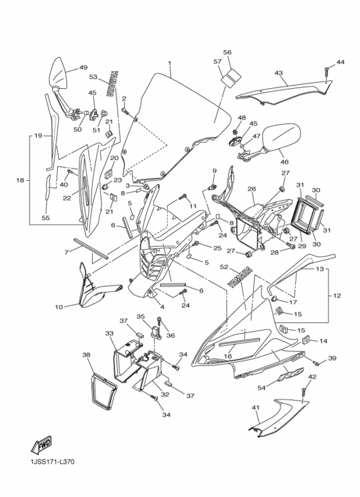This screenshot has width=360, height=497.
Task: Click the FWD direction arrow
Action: [x=40, y=446]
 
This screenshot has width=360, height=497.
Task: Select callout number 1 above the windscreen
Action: [x=170, y=64]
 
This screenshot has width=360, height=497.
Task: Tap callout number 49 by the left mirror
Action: [x=83, y=68]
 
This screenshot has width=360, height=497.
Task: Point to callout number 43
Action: [x=278, y=73]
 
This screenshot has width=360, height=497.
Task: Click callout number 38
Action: [x=86, y=354]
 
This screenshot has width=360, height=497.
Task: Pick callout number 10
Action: [x=59, y=307]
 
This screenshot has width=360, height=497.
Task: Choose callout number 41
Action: [x=255, y=408]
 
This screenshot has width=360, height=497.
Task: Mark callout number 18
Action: [x=19, y=180]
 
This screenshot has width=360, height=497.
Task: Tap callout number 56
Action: [x=227, y=52]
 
